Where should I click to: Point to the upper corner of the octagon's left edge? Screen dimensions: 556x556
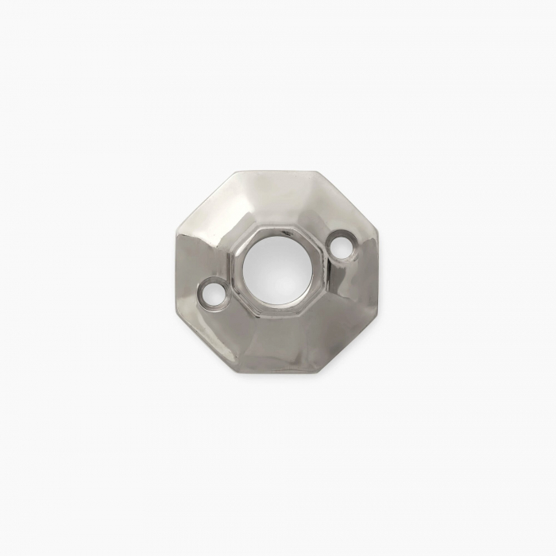(172, 233)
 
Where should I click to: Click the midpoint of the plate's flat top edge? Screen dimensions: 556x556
(278, 171)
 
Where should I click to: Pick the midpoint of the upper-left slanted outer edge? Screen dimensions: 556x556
(203, 203)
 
